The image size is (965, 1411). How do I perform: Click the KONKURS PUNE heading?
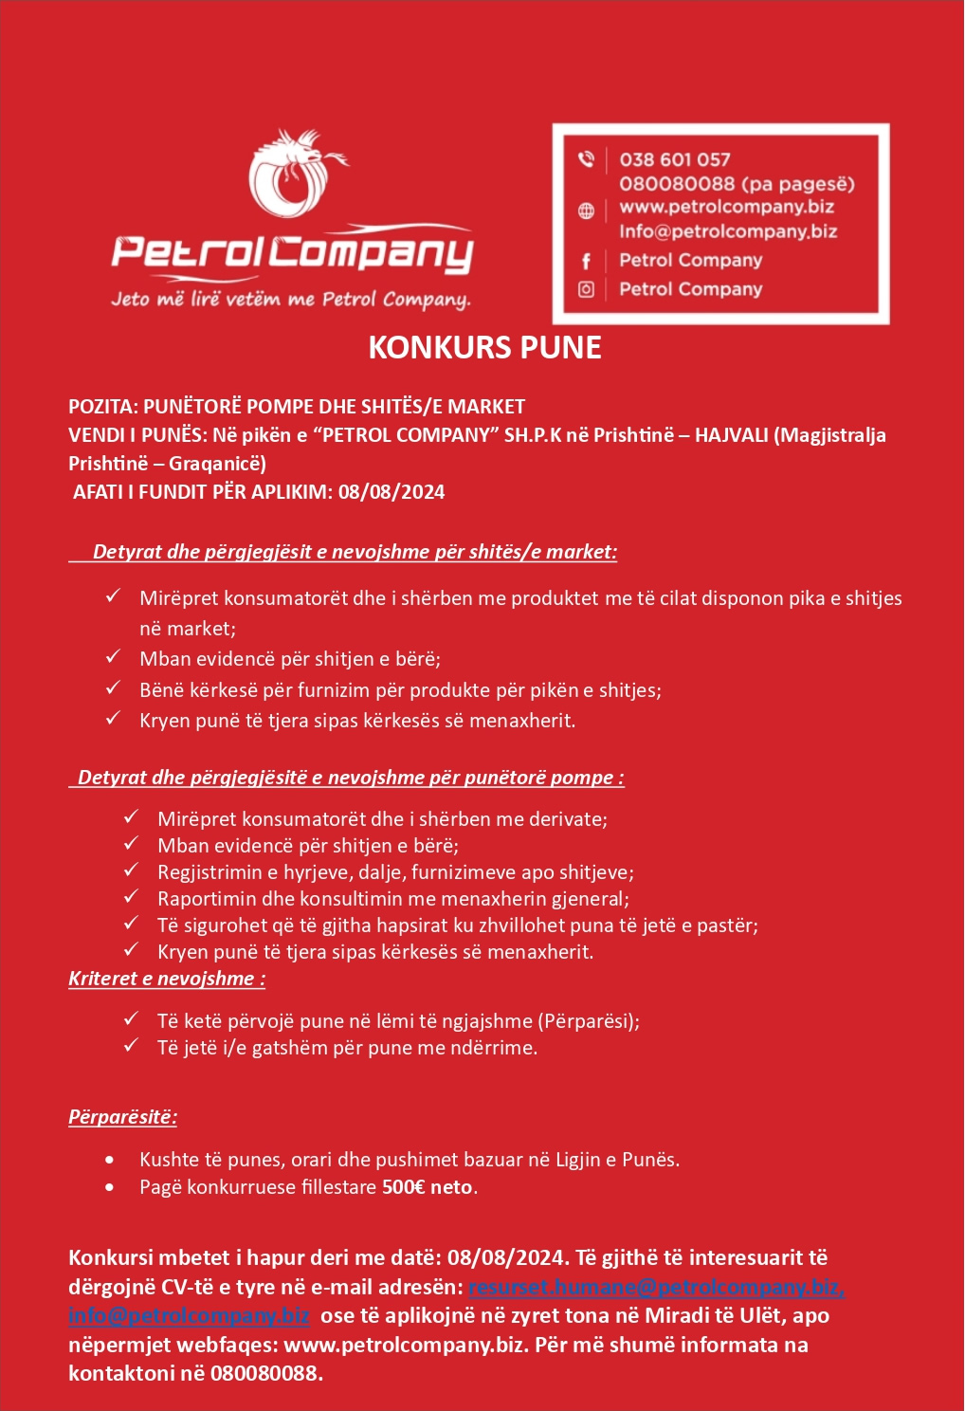pos(484,347)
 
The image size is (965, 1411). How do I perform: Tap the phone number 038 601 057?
pos(674,159)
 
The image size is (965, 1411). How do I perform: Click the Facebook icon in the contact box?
pos(586,261)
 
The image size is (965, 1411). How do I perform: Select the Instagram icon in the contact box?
pos(586,289)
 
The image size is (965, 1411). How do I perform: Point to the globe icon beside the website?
pos(586,211)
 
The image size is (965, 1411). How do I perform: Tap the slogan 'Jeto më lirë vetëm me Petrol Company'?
pos(290,300)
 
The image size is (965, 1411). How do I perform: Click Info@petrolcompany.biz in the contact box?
pos(727,231)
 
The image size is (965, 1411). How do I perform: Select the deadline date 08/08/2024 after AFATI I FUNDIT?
pos(391,492)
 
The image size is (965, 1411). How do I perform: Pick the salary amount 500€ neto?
pos(427,1187)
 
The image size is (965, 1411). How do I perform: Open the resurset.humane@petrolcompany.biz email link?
pos(655,1288)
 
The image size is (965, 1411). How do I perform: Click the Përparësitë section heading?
pos(122,1117)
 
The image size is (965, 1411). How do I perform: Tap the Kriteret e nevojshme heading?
pos(166,979)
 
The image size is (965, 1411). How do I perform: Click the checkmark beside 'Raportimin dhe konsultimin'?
pos(131,896)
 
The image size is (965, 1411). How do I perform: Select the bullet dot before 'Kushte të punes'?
pos(111,1160)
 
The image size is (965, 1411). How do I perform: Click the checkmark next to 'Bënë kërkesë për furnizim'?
pos(113,687)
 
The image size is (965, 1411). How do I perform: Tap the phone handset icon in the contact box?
pos(586,159)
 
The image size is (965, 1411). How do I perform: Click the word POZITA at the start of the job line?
pos(101,407)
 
